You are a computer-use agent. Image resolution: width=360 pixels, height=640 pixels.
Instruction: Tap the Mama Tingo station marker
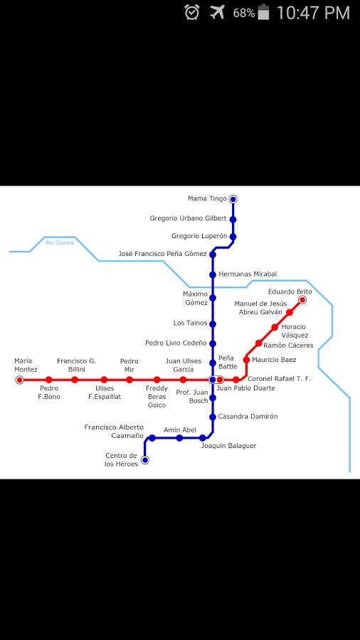coord(233,199)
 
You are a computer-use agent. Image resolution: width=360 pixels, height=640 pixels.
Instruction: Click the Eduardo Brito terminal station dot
coord(302,300)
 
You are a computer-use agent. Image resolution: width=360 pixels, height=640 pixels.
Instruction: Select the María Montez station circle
coord(19,380)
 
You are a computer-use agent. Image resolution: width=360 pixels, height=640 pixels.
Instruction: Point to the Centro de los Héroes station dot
coord(145,460)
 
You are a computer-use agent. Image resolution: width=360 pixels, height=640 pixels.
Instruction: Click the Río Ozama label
coord(60,243)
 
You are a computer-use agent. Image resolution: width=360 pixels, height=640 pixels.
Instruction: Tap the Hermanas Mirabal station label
coord(248,274)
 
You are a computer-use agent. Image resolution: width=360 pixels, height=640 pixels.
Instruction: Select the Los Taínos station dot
coord(213,324)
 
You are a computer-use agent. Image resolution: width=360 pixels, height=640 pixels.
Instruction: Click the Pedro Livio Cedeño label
coord(176,343)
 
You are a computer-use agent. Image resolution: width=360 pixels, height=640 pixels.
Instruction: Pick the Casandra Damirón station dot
coord(213,417)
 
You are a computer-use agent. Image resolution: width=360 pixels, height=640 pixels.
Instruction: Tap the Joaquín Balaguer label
coord(228,446)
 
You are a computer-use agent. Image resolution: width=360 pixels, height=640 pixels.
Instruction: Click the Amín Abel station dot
coord(179,438)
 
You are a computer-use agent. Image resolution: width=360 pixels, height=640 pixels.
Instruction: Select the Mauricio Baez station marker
coord(247,360)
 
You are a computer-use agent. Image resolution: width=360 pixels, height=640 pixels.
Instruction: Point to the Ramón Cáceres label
coord(288,346)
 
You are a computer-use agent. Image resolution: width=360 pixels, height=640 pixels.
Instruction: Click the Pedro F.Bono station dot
coord(49,380)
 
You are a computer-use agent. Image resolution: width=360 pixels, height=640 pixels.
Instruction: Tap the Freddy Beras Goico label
coord(157,396)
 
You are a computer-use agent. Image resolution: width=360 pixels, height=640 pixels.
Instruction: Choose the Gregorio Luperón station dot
coord(233,237)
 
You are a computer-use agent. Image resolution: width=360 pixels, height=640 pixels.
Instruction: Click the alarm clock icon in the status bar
coord(192,12)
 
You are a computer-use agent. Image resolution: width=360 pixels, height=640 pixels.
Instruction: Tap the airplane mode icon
coord(218,12)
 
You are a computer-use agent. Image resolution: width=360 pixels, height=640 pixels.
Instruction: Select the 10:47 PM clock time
coord(313,13)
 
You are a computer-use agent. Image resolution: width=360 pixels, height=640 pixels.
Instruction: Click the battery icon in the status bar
coord(264,12)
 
